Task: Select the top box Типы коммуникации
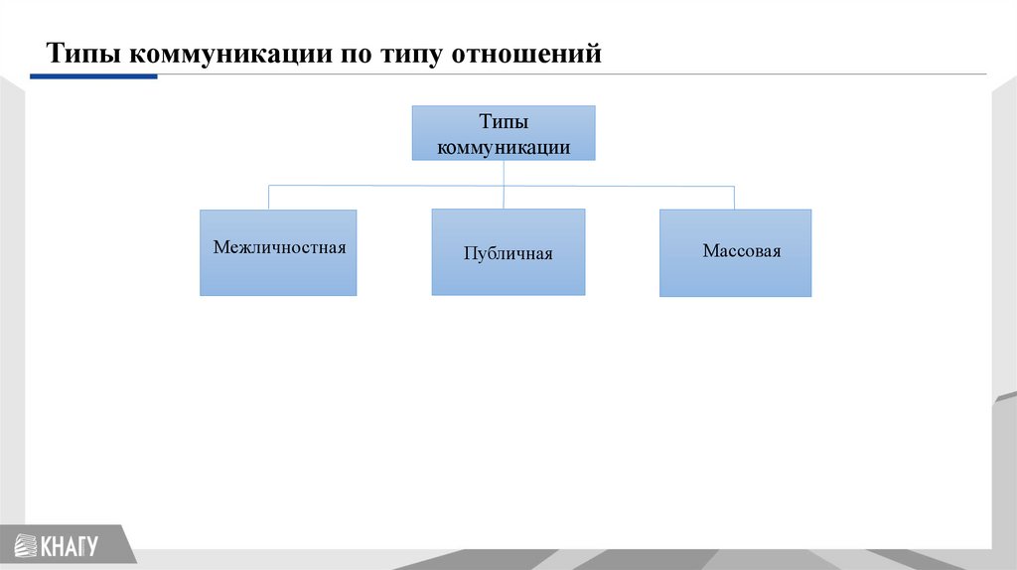click(x=504, y=133)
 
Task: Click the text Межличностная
click(x=279, y=247)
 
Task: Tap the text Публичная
click(x=508, y=253)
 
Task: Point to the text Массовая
click(x=742, y=251)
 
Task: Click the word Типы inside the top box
click(x=504, y=122)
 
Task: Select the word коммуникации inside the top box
click(x=504, y=147)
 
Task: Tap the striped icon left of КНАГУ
click(x=23, y=545)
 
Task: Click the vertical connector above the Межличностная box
click(x=268, y=197)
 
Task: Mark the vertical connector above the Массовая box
click(x=734, y=197)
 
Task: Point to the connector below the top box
click(x=504, y=172)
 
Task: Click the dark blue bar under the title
click(x=93, y=75)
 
